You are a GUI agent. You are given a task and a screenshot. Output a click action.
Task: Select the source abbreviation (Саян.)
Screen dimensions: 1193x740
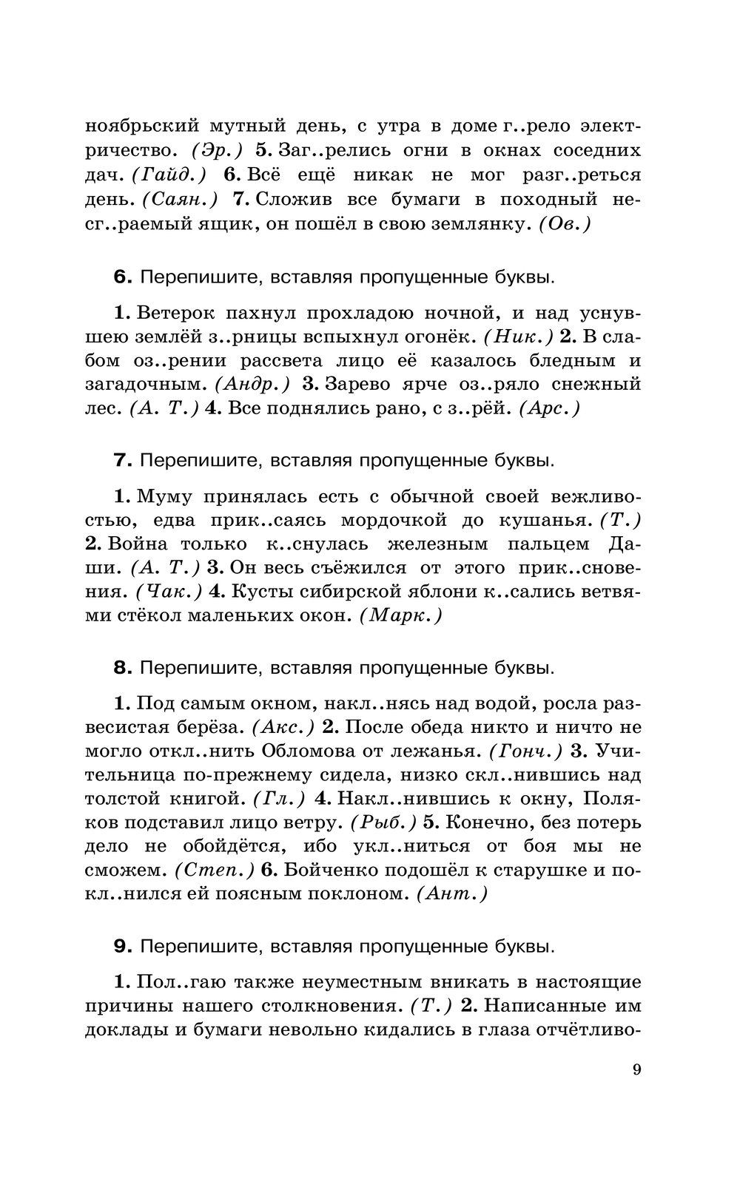click(180, 199)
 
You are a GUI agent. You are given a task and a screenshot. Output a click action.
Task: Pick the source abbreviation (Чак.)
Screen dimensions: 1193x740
click(169, 591)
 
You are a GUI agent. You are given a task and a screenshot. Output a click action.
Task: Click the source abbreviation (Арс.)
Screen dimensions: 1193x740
click(550, 408)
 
